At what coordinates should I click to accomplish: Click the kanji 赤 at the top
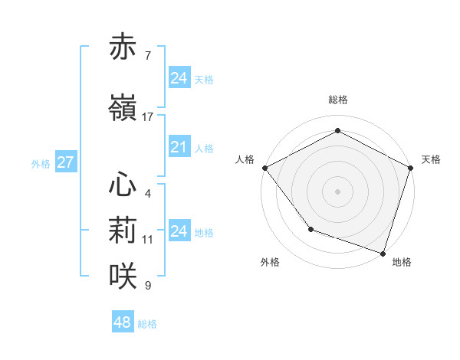123,47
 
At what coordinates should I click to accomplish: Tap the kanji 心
123,185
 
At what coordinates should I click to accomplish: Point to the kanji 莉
123,231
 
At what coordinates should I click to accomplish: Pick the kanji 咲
123,277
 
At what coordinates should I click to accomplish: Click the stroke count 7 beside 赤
147,56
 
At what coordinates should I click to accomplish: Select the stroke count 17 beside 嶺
148,117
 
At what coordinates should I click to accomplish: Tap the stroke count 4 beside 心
147,194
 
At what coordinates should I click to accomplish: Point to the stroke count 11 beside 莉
148,240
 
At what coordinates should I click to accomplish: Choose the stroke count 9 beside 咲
147,286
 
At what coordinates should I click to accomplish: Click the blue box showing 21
179,147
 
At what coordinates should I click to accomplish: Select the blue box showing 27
65,162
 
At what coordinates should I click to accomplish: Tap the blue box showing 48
122,322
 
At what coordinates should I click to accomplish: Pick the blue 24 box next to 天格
179,78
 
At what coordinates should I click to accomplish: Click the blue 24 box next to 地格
179,231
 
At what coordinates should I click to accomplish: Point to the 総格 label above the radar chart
337,100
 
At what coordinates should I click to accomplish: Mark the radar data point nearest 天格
410,167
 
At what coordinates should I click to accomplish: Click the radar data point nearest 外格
310,228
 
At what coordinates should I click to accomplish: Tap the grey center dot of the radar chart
337,191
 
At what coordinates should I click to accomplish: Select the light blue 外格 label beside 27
41,163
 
